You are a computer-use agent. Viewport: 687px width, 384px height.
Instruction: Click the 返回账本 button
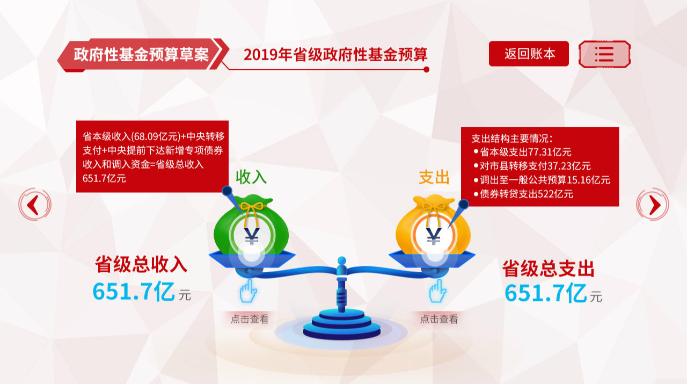[529, 54]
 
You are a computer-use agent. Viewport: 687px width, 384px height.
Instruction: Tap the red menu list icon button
[604, 54]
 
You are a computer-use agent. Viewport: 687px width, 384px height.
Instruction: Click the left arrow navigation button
[35, 205]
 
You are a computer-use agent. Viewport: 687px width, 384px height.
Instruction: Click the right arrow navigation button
[653, 205]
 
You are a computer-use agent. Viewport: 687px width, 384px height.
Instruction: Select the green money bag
[251, 226]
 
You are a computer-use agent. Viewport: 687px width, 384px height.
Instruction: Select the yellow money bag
[433, 226]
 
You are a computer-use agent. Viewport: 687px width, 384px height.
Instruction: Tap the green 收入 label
[251, 177]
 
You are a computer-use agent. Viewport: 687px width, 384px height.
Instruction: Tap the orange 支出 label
[434, 177]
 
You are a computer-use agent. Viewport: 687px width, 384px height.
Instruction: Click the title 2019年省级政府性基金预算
[335, 55]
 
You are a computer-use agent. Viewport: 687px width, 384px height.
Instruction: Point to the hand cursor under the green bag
[248, 291]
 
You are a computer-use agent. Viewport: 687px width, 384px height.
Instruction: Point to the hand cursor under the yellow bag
[437, 291]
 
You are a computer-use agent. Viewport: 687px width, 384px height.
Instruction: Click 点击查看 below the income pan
[250, 319]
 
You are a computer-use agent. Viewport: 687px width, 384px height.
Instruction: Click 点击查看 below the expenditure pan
[439, 319]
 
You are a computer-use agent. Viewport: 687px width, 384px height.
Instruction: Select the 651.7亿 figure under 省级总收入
[134, 291]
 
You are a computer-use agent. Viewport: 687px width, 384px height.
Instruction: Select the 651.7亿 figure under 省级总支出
[546, 293]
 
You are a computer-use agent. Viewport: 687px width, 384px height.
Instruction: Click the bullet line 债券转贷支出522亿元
[523, 194]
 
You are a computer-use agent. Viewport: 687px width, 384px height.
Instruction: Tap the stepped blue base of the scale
[342, 325]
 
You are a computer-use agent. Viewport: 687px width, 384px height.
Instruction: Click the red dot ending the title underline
[426, 70]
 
